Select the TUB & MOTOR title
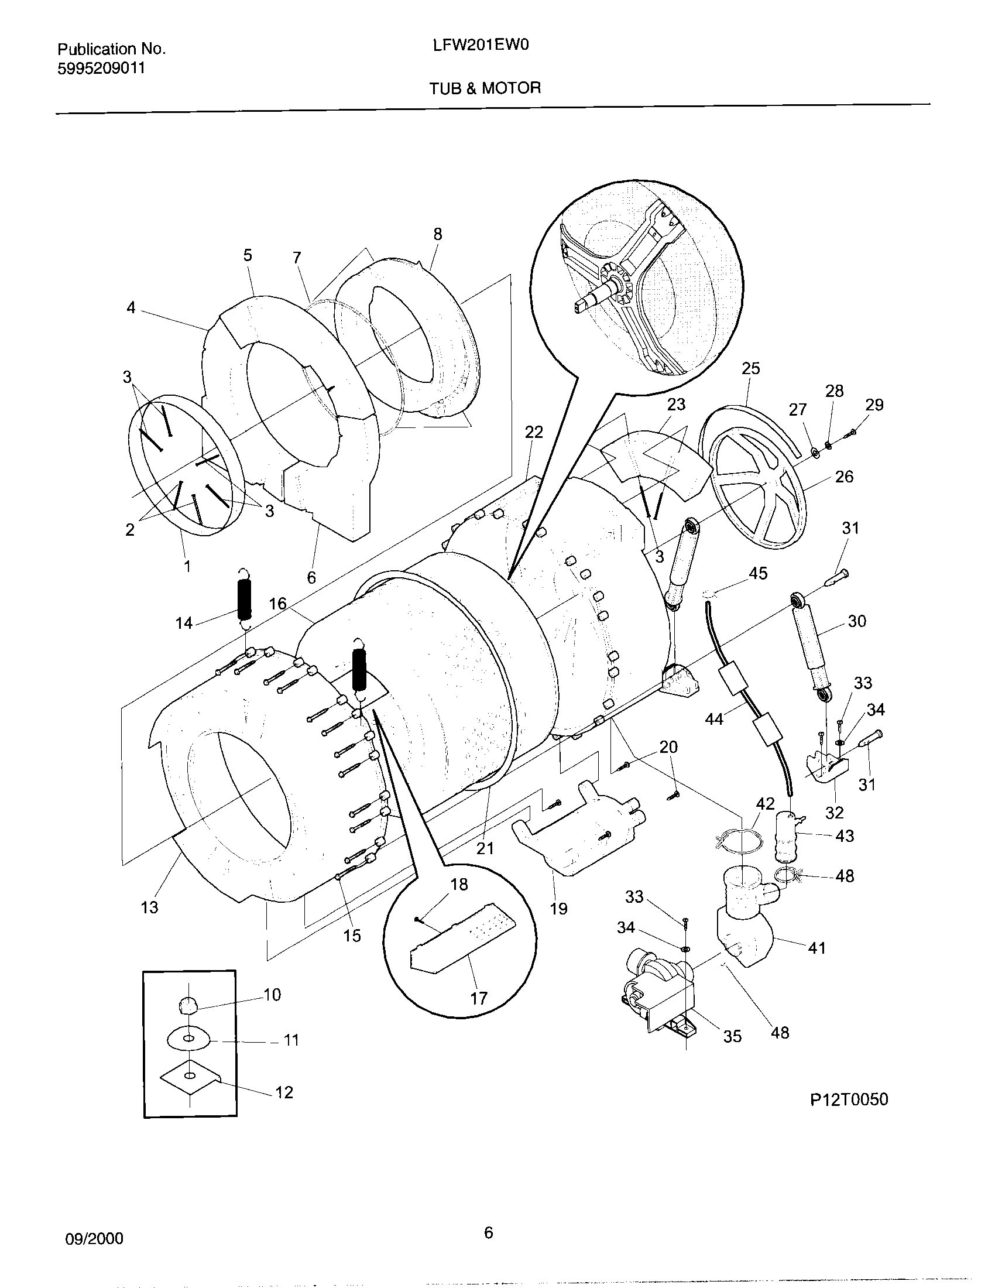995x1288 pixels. coord(485,88)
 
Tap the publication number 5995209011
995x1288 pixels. coord(101,68)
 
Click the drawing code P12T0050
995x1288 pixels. coord(849,1100)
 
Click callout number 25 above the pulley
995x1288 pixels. coord(750,369)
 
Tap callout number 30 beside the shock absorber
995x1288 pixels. coord(856,621)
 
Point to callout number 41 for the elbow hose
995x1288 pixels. coord(816,948)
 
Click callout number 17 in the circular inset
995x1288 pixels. coord(479,998)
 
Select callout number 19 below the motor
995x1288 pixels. coord(558,909)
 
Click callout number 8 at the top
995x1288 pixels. coord(437,234)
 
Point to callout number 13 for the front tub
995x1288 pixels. coord(149,907)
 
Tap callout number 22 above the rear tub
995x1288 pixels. coord(533,432)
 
